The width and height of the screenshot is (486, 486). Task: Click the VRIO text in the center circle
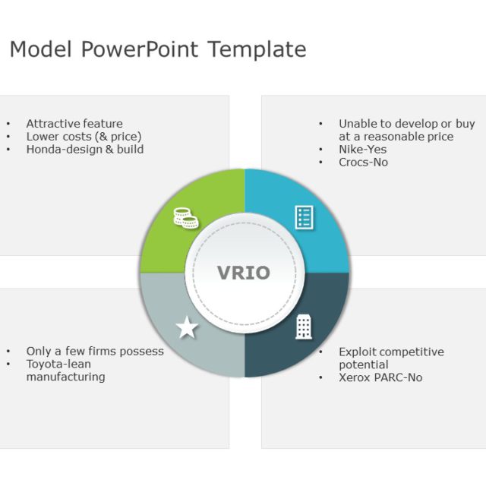tap(244, 273)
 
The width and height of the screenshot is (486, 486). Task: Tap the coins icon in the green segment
tap(185, 219)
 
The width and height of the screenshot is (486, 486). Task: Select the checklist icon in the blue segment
tap(304, 217)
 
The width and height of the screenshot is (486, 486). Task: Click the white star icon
tap(187, 329)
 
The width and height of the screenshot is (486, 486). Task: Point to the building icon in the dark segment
tap(304, 327)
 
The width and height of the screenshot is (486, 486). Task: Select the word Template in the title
tap(257, 50)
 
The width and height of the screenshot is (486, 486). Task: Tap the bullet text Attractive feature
tap(74, 124)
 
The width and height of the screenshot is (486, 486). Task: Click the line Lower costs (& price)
tap(84, 137)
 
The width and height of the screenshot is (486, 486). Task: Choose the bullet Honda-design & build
tap(85, 150)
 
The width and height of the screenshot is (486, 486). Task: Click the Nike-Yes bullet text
tap(362, 150)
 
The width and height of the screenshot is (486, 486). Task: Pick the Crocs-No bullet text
tap(363, 163)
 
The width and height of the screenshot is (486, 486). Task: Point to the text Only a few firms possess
tap(95, 352)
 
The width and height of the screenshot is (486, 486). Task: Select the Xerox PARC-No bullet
tap(380, 377)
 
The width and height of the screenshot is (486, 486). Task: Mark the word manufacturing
tap(66, 377)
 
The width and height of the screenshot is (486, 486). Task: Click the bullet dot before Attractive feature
tap(8, 124)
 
